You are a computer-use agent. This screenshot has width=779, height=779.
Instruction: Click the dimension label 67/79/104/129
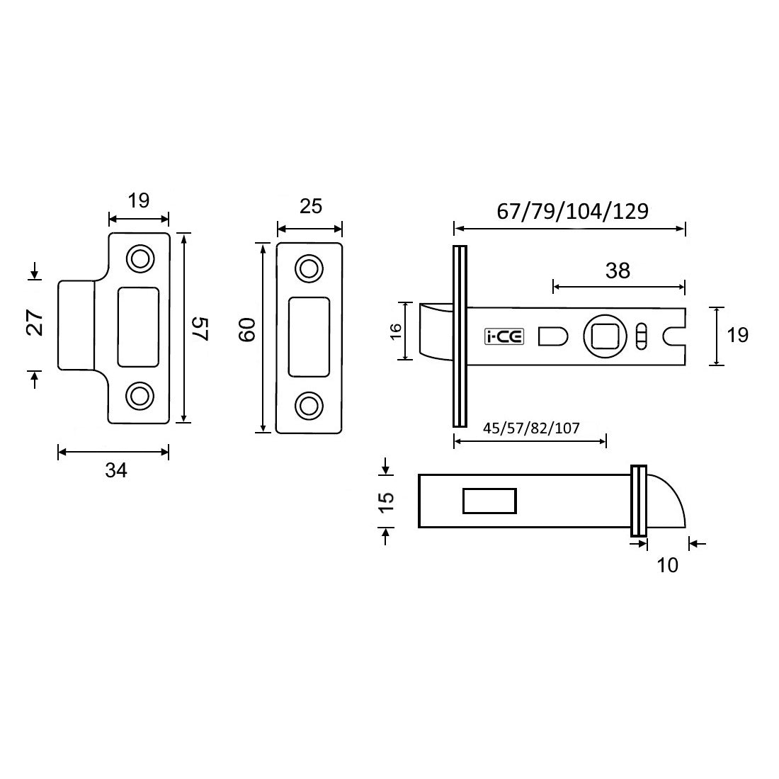569,212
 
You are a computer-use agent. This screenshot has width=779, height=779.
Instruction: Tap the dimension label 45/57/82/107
531,428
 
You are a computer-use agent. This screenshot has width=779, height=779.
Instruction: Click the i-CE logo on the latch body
504,337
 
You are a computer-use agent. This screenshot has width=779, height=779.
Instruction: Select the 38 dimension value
618,271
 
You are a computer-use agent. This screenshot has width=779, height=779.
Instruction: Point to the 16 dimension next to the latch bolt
395,331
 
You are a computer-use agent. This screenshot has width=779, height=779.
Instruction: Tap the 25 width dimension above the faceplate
310,206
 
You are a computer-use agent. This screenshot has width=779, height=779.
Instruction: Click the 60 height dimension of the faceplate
246,331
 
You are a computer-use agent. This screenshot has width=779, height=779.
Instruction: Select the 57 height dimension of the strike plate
200,329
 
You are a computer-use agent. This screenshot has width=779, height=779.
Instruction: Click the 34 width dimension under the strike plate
115,469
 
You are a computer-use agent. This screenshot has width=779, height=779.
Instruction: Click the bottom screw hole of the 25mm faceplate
308,405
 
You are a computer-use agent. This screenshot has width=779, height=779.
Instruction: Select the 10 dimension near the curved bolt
667,564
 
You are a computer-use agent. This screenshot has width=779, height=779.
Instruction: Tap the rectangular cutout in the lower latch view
489,501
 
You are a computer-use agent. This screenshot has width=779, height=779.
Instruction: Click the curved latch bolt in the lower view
666,503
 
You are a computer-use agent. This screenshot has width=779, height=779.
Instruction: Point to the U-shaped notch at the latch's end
675,336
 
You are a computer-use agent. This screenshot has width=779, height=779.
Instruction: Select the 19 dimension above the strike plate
139,200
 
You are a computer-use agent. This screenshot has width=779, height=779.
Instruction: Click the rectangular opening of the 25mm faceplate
309,336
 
